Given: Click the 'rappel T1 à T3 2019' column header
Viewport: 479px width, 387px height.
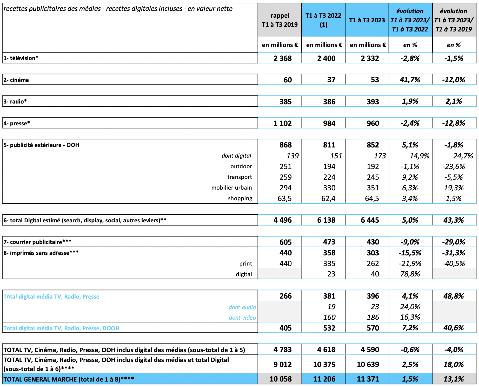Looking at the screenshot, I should click(x=280, y=20).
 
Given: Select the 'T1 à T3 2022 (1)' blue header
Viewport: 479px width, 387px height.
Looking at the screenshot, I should click(x=323, y=20).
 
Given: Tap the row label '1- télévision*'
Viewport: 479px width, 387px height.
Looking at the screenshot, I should click(x=21, y=58).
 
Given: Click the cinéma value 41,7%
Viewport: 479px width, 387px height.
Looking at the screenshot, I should click(x=410, y=80).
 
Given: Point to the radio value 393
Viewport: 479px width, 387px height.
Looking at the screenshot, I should click(x=373, y=102).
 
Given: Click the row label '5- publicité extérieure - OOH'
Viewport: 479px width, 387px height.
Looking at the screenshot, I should click(x=41, y=145).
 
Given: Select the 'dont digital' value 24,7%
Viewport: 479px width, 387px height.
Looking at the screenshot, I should click(x=463, y=156).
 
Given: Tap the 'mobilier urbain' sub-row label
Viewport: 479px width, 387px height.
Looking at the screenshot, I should click(x=231, y=188).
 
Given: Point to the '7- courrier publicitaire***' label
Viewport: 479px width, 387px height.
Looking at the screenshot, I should click(x=37, y=242).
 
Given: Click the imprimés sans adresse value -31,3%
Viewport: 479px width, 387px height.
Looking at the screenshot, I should click(x=454, y=253).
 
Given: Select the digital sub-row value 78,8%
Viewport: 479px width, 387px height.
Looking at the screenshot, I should click(x=410, y=274).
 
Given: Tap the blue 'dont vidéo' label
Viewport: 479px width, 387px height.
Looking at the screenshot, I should click(x=242, y=318).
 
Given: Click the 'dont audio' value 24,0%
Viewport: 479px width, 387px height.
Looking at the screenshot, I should click(x=410, y=307).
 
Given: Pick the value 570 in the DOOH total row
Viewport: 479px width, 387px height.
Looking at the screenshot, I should click(x=373, y=328).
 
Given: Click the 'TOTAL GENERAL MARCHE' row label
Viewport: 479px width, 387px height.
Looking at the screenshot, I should click(x=69, y=379).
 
